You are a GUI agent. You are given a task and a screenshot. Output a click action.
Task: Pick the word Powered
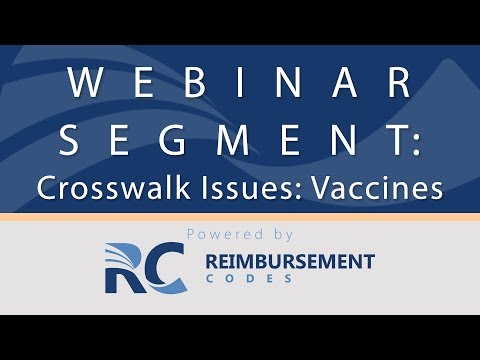point(223,234)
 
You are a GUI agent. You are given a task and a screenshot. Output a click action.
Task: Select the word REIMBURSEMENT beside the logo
point(289,262)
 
